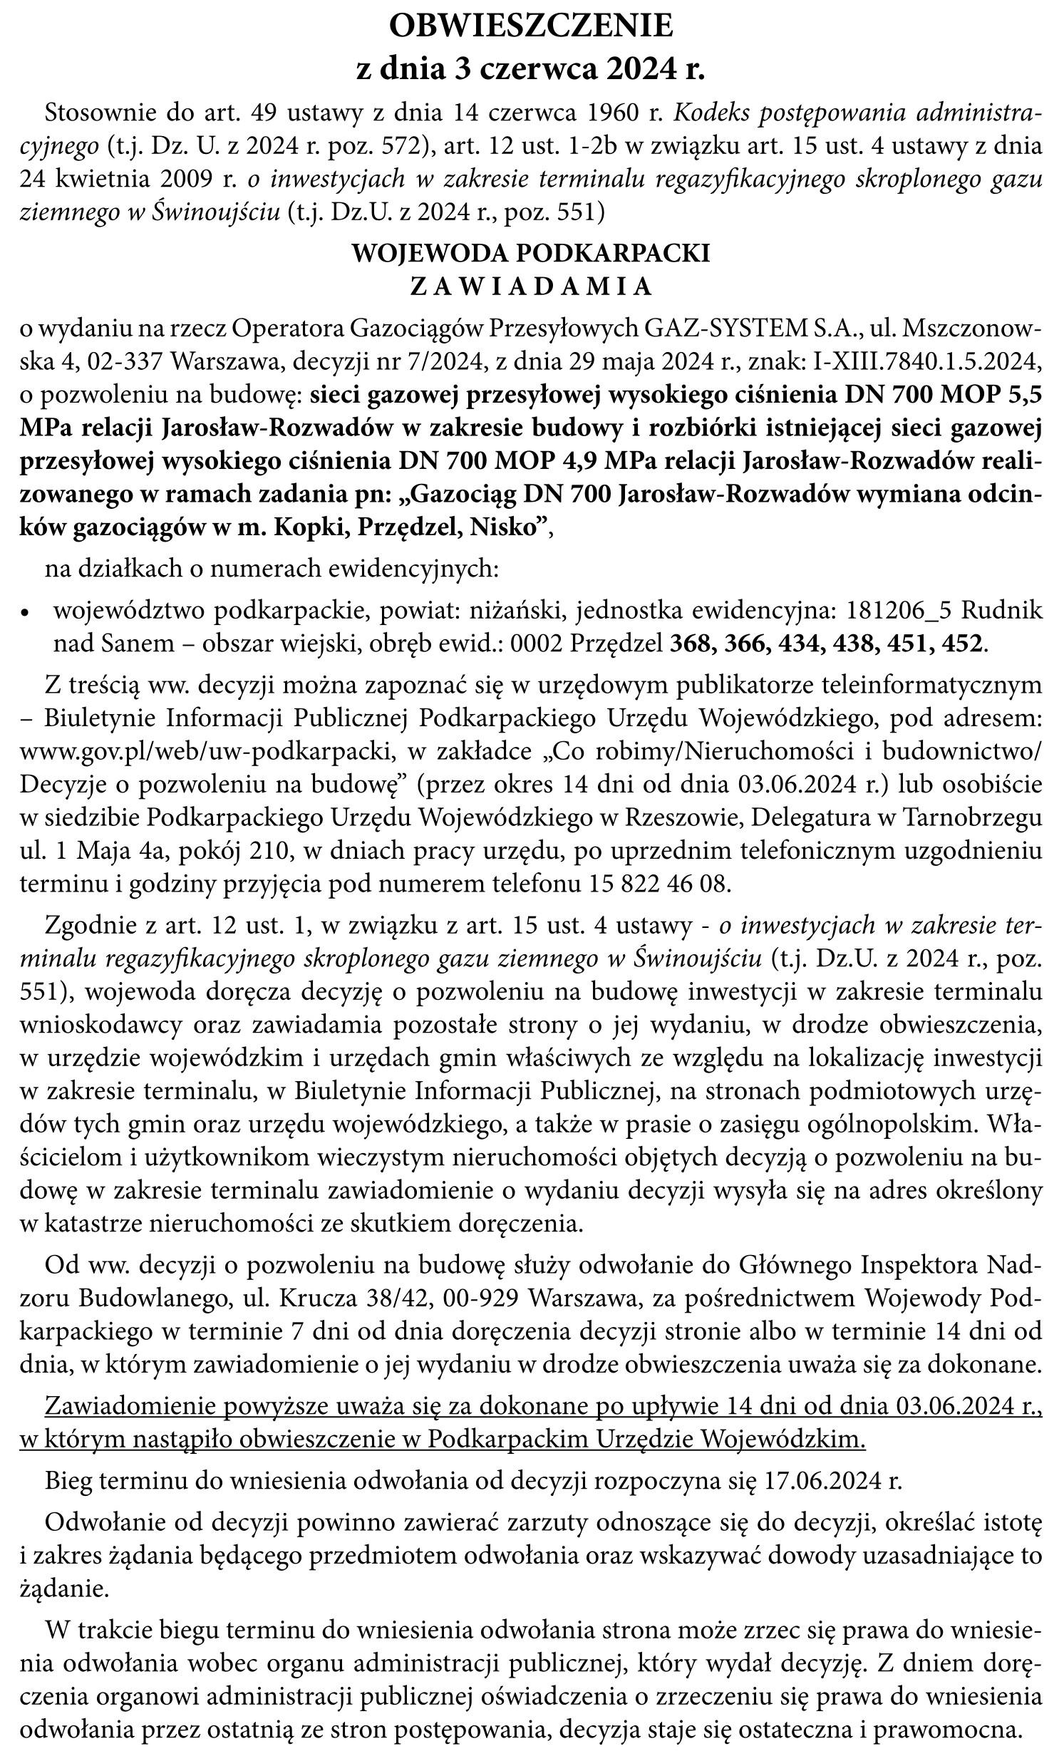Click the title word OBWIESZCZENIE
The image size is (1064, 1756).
(x=532, y=26)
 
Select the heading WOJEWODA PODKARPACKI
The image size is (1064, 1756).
(x=532, y=254)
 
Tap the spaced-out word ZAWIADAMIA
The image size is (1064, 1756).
(x=532, y=286)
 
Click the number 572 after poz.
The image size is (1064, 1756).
(x=405, y=147)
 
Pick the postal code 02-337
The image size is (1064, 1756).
(x=124, y=362)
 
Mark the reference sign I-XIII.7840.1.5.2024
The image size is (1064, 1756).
(x=926, y=362)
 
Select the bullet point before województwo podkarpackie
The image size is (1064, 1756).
(x=26, y=613)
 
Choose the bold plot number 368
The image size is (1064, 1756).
(x=693, y=644)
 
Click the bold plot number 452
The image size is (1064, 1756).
(x=961, y=644)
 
